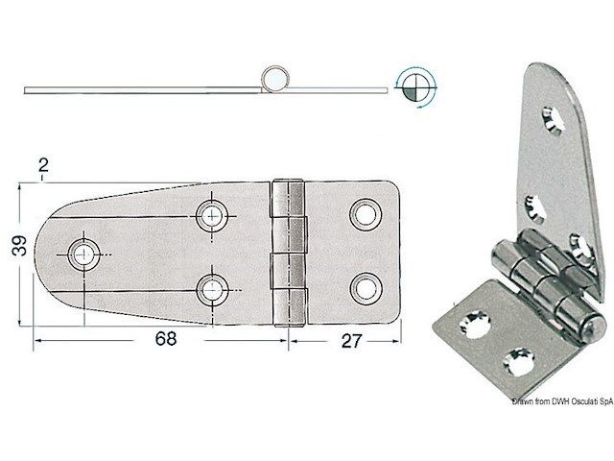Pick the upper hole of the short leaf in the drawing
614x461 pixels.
(x=364, y=213)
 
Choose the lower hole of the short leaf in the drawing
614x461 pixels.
(x=364, y=285)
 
